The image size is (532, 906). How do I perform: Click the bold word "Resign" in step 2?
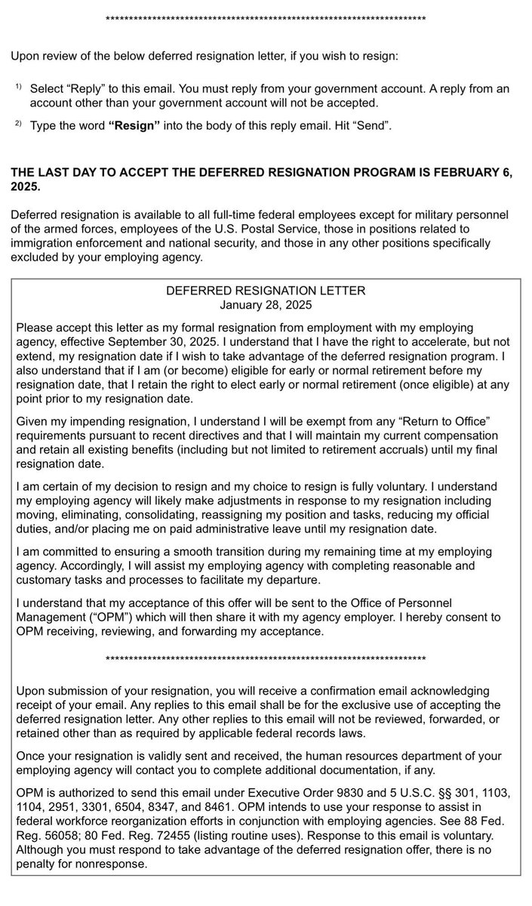tap(134, 125)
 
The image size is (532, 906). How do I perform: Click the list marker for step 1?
tap(18, 88)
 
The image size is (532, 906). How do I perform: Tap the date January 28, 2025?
tap(266, 306)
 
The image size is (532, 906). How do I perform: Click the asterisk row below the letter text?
tap(266, 659)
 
